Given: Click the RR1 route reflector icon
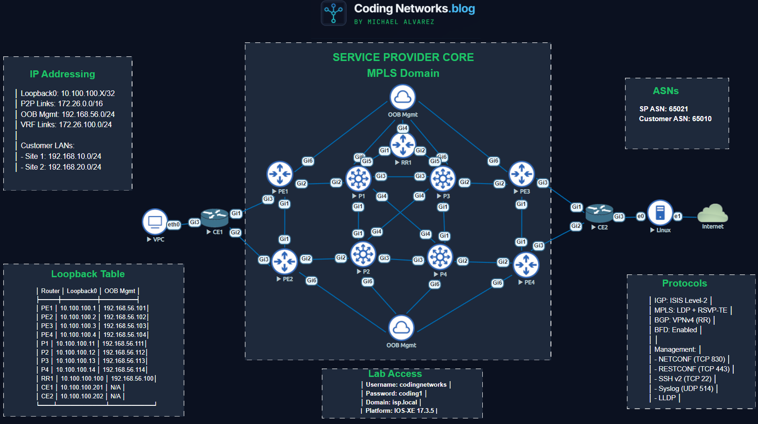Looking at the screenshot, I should (x=403, y=145).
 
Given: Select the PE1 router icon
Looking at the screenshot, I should (x=279, y=174).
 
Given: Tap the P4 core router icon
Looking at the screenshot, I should (x=440, y=257).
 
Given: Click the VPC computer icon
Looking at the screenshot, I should (x=155, y=222).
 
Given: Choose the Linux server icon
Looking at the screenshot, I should (x=660, y=212).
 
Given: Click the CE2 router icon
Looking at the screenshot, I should (x=599, y=213).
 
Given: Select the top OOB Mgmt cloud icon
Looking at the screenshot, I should (x=403, y=97).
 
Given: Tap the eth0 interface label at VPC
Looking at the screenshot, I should (x=174, y=225).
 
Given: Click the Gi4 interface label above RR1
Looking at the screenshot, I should (x=403, y=128).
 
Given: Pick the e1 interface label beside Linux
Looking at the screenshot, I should (x=678, y=216).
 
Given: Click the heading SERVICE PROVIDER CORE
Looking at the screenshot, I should (x=403, y=57).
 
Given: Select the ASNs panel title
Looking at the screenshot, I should (x=666, y=91).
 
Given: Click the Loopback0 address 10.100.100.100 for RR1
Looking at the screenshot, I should (x=82, y=378).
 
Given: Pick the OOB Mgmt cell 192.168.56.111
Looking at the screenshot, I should (x=124, y=343).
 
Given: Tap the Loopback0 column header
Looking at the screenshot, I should (x=82, y=291).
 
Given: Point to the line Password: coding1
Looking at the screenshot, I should (x=394, y=393).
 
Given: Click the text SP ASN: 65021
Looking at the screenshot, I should (x=663, y=109).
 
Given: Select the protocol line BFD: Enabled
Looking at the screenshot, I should (x=675, y=330).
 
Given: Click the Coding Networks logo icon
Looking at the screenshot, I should (x=334, y=13).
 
